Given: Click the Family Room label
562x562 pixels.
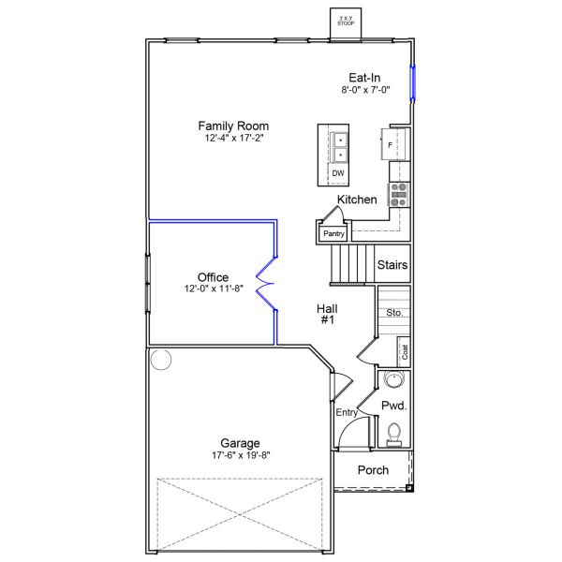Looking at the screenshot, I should pyautogui.click(x=233, y=126).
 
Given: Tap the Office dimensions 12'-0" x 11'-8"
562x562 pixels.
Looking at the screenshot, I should pyautogui.click(x=213, y=289).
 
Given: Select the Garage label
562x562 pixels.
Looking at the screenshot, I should pyautogui.click(x=240, y=443).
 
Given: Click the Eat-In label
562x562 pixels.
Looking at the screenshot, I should pyautogui.click(x=365, y=78).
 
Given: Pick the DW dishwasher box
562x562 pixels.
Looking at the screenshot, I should pyautogui.click(x=338, y=173).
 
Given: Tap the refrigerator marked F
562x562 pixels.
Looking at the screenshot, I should pyautogui.click(x=391, y=144).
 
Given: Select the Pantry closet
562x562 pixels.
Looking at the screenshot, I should pyautogui.click(x=333, y=233).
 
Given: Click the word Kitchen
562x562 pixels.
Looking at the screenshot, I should pyautogui.click(x=357, y=200).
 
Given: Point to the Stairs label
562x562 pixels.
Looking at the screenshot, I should pyautogui.click(x=392, y=265).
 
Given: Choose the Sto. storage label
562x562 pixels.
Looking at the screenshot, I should pyautogui.click(x=394, y=312).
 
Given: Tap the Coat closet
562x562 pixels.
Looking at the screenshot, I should pyautogui.click(x=405, y=352).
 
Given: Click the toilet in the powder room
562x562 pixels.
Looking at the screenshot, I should pyautogui.click(x=393, y=433).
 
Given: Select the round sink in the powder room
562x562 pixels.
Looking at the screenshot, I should pyautogui.click(x=394, y=380).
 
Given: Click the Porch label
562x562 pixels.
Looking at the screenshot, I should pyautogui.click(x=374, y=470).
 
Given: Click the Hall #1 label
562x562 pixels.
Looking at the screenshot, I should pyautogui.click(x=326, y=313).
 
